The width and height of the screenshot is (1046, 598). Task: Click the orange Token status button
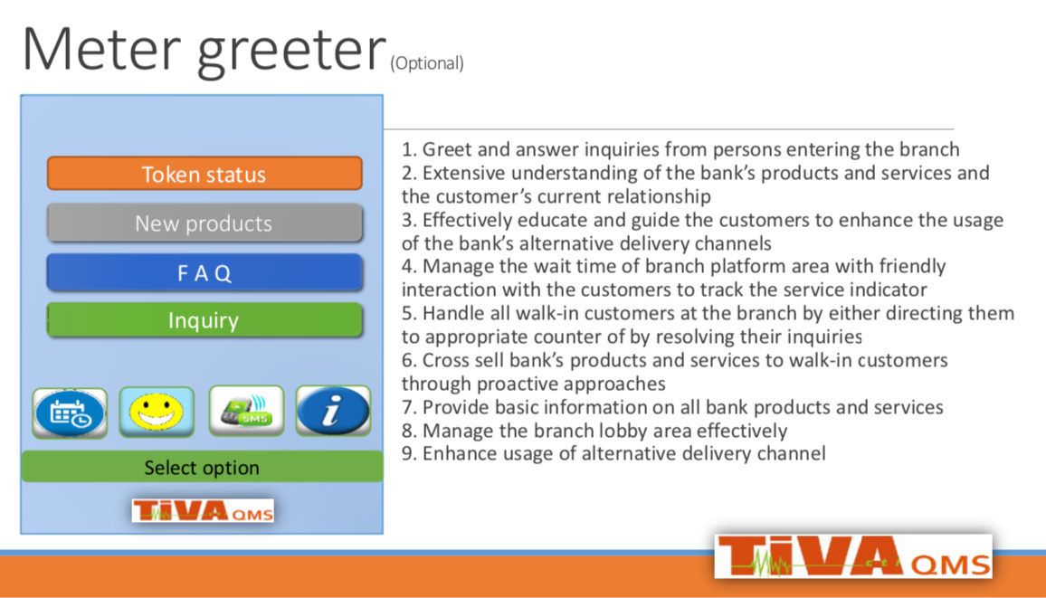[204, 174]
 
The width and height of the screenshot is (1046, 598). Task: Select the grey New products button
[204, 223]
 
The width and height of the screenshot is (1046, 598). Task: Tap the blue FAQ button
[204, 272]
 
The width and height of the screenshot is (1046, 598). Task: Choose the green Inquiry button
[204, 320]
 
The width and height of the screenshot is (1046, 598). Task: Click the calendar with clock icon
[70, 413]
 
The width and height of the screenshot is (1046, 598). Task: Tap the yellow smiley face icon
[157, 412]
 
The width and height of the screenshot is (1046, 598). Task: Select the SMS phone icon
[246, 411]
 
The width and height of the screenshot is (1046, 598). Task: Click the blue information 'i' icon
[333, 411]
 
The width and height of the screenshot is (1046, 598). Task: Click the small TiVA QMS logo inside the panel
[203, 510]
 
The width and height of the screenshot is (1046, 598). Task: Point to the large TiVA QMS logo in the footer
[853, 556]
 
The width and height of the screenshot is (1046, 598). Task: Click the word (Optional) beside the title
[427, 63]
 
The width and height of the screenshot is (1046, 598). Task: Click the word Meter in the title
[101, 49]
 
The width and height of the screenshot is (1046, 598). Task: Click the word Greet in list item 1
[447, 149]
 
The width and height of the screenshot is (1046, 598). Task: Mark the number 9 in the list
[406, 454]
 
